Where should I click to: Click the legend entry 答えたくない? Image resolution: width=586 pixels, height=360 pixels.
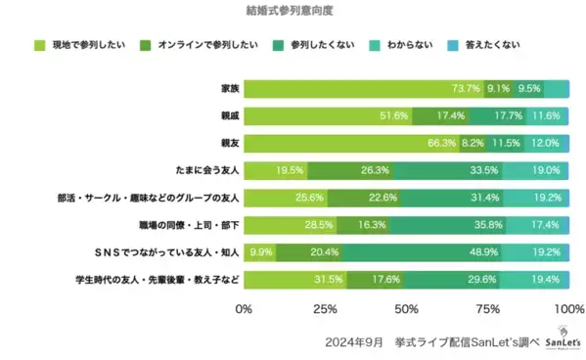click(493, 45)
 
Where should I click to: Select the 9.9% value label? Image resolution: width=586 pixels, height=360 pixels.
click(260, 252)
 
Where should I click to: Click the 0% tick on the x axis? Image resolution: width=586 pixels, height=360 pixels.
click(245, 309)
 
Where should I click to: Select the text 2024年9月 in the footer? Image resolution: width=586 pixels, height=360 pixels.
click(354, 342)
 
